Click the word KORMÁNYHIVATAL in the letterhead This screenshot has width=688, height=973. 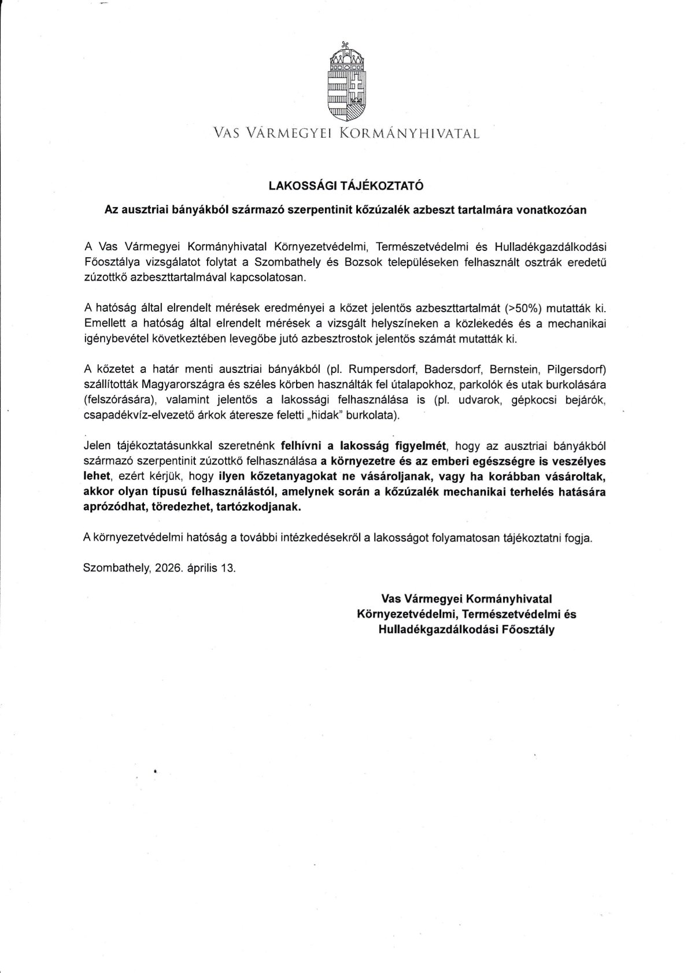pos(409,134)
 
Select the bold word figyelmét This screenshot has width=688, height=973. pos(421,445)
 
